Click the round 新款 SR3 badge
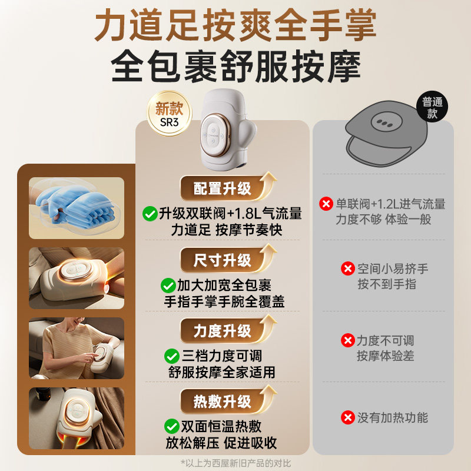(x=170, y=114)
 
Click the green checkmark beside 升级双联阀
(x=150, y=213)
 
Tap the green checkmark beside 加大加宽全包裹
(x=168, y=286)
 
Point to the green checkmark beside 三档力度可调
(x=171, y=356)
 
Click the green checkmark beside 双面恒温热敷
(x=171, y=426)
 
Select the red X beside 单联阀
(x=326, y=204)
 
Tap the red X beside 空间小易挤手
(x=348, y=269)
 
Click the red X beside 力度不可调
(x=347, y=341)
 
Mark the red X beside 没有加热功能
(x=347, y=418)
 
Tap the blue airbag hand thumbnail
(x=77, y=205)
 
